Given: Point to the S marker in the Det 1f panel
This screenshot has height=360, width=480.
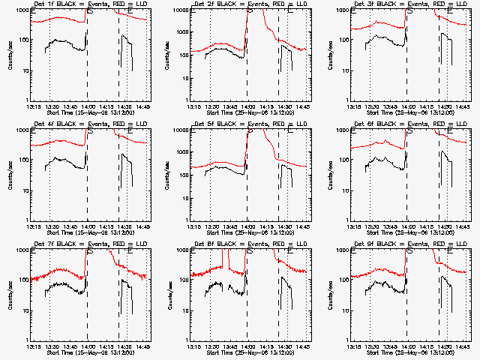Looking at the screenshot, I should click(91, 12).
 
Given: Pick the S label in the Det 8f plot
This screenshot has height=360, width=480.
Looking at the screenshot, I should click(250, 250).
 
